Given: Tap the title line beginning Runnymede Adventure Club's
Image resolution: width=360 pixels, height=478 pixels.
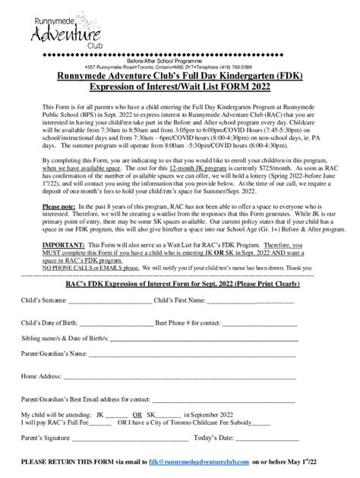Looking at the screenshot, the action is coord(179,77).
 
